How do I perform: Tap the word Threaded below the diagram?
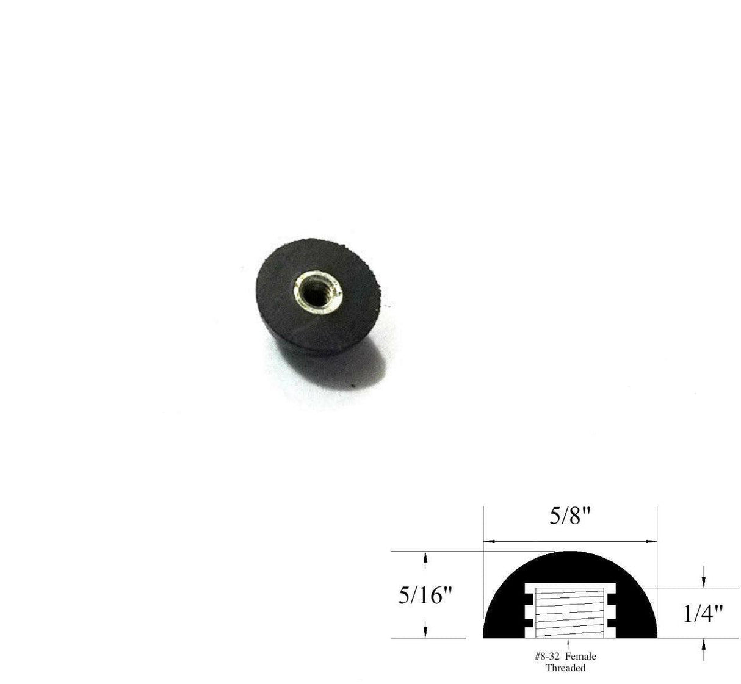coord(565,668)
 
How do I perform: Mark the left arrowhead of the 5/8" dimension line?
coord(487,541)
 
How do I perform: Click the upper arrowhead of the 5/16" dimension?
coord(425,556)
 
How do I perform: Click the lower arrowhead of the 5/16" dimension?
coord(425,633)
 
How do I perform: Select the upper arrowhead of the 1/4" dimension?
coord(704,583)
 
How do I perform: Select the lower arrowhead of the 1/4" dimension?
coord(704,643)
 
